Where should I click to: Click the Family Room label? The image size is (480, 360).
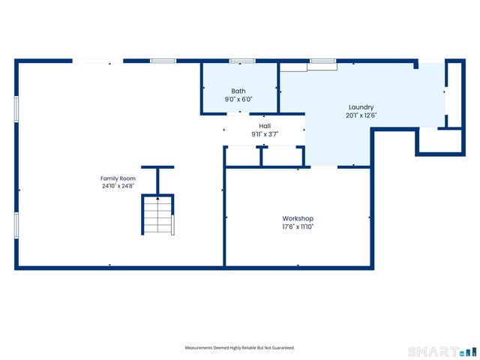click(118, 178)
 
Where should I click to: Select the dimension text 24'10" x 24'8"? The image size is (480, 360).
click(118, 185)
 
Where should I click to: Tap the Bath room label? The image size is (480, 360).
click(238, 91)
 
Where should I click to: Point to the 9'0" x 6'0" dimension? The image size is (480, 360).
click(238, 99)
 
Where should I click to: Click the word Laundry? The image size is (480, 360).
click(361, 107)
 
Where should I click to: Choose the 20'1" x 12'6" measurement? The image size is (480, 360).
click(361, 115)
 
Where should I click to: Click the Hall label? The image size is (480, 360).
click(265, 126)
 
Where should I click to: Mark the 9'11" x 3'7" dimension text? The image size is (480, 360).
click(265, 134)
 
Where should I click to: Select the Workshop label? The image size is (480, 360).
click(298, 218)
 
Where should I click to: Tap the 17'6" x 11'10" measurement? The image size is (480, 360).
click(298, 226)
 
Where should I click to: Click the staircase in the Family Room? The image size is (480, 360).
click(157, 215)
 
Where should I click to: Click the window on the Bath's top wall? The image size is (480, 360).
click(242, 61)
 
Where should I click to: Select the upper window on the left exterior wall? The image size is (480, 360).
click(16, 109)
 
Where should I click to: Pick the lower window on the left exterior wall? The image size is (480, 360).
click(16, 225)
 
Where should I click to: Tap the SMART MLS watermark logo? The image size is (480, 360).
click(442, 352)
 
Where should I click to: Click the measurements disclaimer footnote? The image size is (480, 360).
click(240, 348)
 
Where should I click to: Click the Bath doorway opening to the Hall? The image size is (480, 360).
click(238, 114)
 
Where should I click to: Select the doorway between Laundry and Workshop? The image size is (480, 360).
click(324, 167)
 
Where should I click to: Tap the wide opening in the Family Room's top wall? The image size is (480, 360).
click(97, 61)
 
